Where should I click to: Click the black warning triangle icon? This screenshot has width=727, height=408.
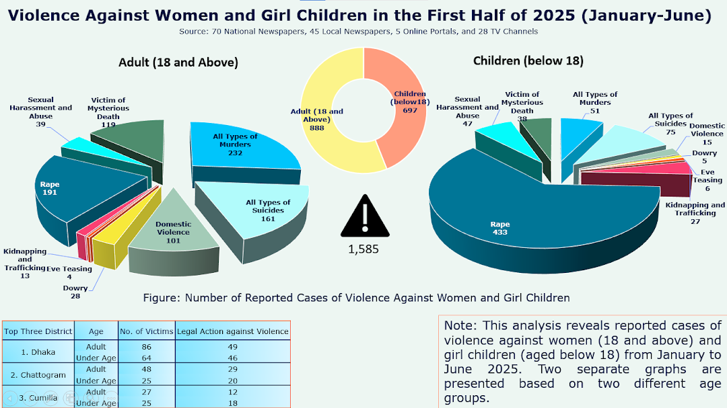(x=365, y=218)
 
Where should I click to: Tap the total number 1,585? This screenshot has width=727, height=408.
(x=363, y=249)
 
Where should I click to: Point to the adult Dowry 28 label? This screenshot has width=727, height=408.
(x=80, y=292)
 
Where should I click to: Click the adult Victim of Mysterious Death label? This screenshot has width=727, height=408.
(x=108, y=108)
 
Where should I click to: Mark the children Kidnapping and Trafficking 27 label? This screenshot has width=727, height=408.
(x=695, y=213)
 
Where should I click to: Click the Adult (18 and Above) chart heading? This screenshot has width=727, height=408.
(x=178, y=63)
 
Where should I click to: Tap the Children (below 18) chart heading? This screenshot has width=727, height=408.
(x=528, y=60)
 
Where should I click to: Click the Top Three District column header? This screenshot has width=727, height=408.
(x=38, y=331)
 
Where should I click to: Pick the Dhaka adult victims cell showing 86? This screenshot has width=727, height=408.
(x=146, y=346)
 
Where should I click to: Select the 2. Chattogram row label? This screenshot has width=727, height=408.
(x=38, y=374)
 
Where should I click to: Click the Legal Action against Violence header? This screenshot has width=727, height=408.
(x=233, y=331)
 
